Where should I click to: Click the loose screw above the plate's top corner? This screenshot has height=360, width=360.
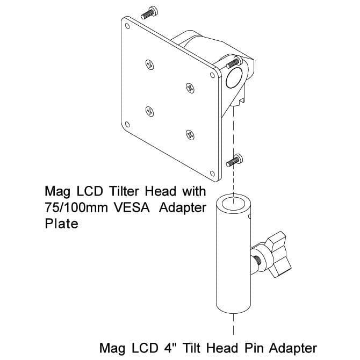pyautogui.click(x=149, y=13)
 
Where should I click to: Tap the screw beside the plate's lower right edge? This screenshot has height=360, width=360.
pyautogui.click(x=234, y=161)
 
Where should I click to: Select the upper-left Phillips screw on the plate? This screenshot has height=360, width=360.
pyautogui.click(x=150, y=64)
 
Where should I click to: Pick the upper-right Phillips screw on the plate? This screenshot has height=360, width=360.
pyautogui.click(x=190, y=88)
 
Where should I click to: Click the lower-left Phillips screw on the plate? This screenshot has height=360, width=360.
pyautogui.click(x=150, y=112)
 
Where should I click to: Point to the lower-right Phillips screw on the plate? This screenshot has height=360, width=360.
pyautogui.click(x=190, y=135)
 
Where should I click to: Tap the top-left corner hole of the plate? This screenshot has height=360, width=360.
pyautogui.click(x=127, y=26)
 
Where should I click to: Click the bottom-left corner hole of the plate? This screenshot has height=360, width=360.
pyautogui.click(x=127, y=125)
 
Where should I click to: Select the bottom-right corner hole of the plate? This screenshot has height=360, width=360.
pyautogui.click(x=212, y=174)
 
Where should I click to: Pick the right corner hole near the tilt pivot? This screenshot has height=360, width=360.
pyautogui.click(x=212, y=75)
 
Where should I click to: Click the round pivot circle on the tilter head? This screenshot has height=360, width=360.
pyautogui.click(x=234, y=77)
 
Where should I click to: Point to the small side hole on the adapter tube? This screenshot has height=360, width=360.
pyautogui.click(x=249, y=216)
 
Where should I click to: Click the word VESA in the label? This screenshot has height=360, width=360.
pyautogui.click(x=132, y=207)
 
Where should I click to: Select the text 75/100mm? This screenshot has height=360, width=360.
pyautogui.click(x=76, y=207)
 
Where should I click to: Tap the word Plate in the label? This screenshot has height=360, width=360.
pyautogui.click(x=62, y=224)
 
